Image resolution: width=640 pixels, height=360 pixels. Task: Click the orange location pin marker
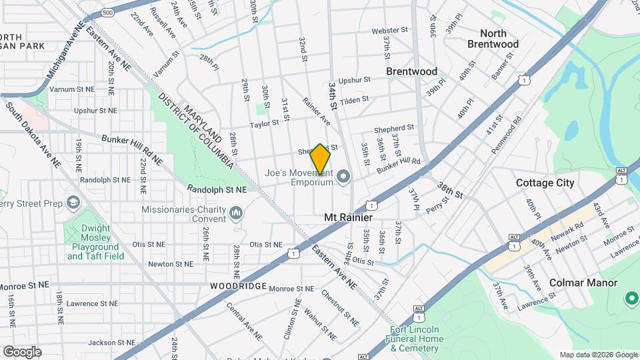coord(321,159)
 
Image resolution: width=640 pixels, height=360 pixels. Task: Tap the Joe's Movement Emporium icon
coord(343,177)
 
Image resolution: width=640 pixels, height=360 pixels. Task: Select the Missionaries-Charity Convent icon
coord(235,213)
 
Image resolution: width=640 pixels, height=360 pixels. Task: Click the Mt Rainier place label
coord(348,217)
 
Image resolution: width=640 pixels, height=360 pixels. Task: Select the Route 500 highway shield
coord(109,13)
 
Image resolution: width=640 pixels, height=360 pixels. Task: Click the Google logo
coord(21,351)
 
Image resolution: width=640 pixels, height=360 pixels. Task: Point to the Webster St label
coord(389,31)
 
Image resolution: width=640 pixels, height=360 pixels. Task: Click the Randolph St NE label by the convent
coord(217,189)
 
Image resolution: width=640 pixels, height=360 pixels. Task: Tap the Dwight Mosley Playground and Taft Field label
coord(95,241)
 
